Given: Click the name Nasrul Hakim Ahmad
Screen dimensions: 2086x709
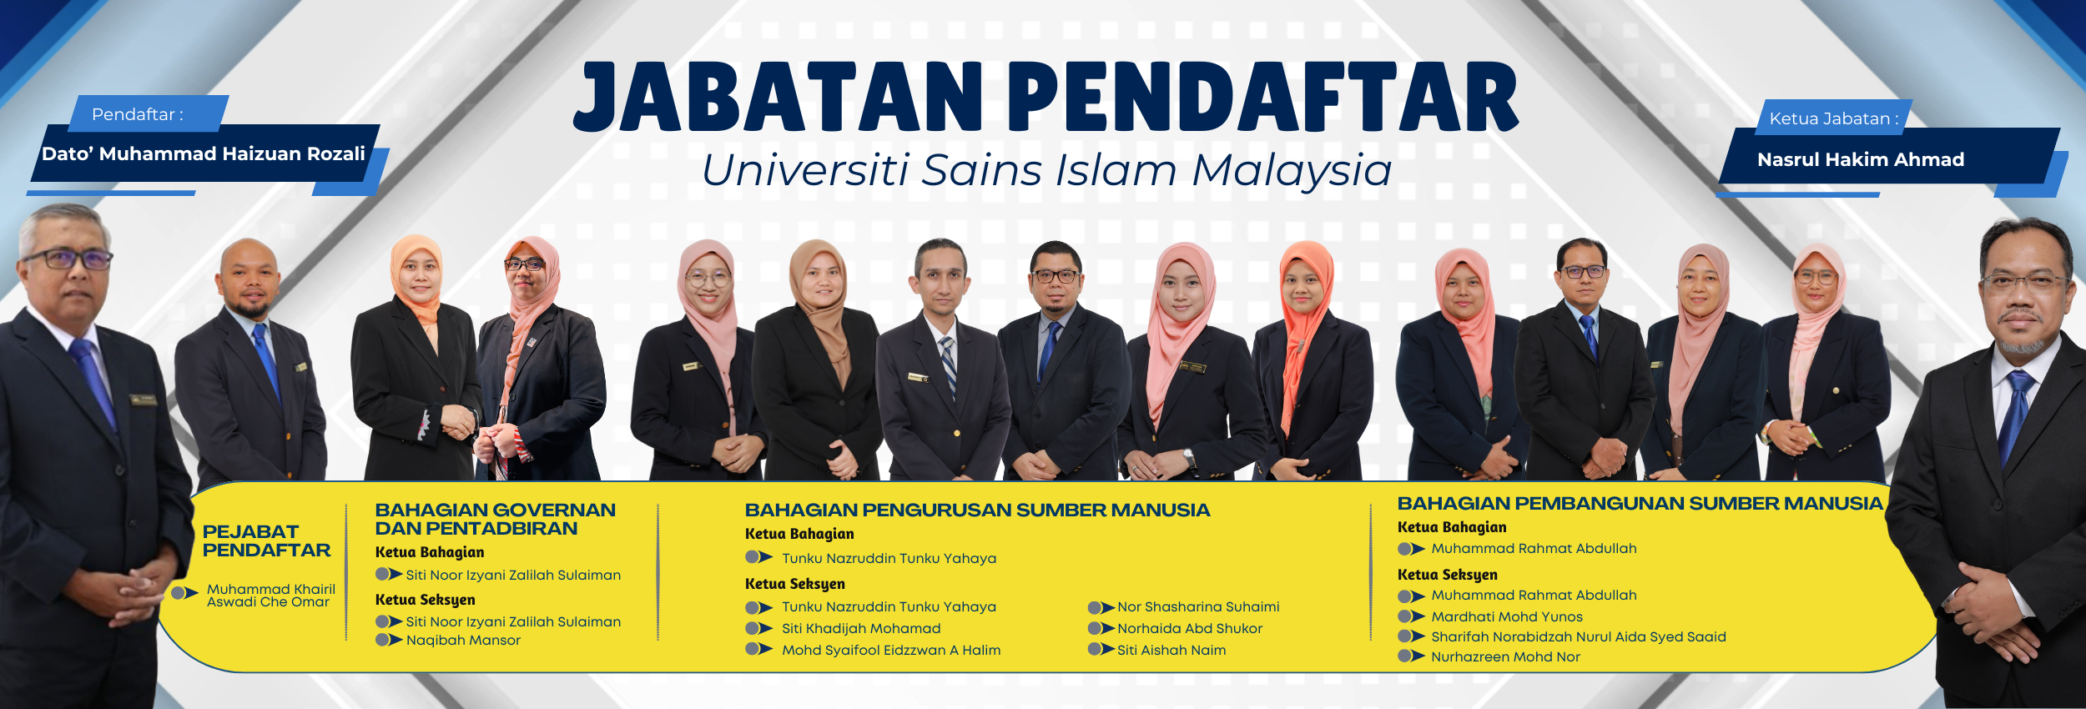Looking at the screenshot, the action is click(x=1860, y=159).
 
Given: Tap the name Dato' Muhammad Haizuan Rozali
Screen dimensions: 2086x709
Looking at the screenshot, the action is click(x=204, y=153).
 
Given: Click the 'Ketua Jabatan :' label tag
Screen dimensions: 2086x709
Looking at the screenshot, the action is click(x=1833, y=118).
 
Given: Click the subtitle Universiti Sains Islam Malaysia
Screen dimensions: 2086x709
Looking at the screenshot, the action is click(x=1046, y=170).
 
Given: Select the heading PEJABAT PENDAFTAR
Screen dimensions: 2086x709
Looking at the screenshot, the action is click(x=266, y=541).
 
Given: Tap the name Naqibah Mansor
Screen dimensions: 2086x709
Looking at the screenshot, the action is click(x=463, y=641).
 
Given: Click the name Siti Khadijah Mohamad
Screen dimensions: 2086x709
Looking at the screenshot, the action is click(x=861, y=629).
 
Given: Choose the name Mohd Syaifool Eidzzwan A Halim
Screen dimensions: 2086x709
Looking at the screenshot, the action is click(x=891, y=651).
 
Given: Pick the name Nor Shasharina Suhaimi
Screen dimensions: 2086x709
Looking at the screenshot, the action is click(x=1198, y=607).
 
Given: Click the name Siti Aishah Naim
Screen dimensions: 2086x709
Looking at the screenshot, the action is click(x=1171, y=651).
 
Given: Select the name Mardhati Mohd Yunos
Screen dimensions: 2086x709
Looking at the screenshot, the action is click(x=1507, y=617).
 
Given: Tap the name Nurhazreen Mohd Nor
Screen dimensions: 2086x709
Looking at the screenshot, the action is click(x=1505, y=657).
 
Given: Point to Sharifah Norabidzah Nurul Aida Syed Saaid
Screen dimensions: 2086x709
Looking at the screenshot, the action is click(x=1579, y=637).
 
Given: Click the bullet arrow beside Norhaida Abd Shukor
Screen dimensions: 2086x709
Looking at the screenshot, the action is click(x=1101, y=628).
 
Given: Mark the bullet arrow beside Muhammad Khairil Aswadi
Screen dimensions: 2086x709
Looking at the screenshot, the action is click(x=184, y=593).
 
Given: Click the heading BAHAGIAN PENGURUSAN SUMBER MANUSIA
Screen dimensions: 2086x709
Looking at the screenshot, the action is click(x=977, y=510).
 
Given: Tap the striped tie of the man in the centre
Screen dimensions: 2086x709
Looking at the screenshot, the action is click(x=948, y=366).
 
